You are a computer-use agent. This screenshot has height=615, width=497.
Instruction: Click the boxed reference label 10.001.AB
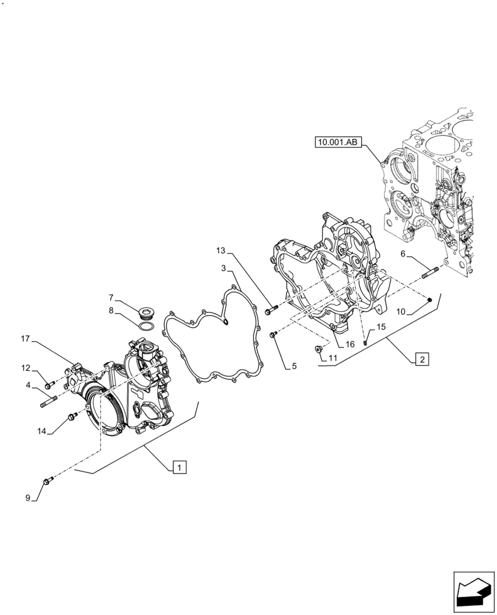point(337,143)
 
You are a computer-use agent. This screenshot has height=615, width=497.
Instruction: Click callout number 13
point(221,250)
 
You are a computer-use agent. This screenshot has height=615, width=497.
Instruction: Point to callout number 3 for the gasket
point(225,268)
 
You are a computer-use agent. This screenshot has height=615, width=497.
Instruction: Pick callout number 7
point(111,298)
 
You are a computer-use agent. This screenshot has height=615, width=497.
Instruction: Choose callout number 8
point(111,311)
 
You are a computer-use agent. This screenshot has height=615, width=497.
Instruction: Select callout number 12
point(25,368)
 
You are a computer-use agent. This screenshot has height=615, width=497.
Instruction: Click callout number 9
point(28,498)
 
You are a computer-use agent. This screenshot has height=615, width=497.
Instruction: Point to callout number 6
point(403,253)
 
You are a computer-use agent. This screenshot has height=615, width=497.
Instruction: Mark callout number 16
point(349,344)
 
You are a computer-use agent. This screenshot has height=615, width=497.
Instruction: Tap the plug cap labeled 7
point(147,309)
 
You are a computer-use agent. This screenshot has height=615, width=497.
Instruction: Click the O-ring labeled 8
point(146,326)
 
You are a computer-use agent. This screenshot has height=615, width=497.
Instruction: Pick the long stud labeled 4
point(50,403)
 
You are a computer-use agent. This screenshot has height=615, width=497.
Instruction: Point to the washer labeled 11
point(319,349)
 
